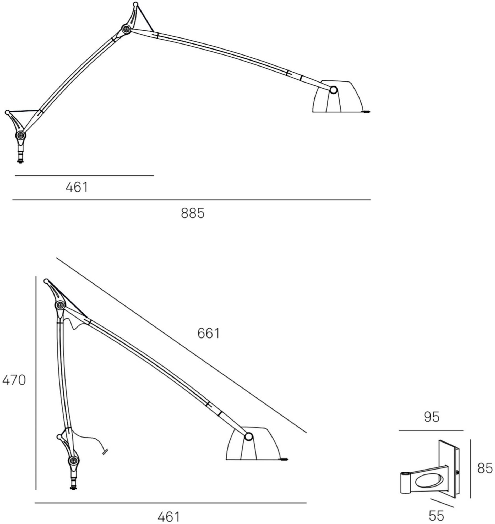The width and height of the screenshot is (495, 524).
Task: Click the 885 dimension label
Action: click(193, 213)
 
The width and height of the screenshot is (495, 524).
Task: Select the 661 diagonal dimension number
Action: click(208, 334)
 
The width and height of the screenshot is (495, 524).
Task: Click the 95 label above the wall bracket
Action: click(432, 417)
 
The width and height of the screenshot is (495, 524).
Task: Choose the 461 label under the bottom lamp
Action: click(168, 517)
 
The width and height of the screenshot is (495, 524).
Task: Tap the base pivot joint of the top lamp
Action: click(20, 135)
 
